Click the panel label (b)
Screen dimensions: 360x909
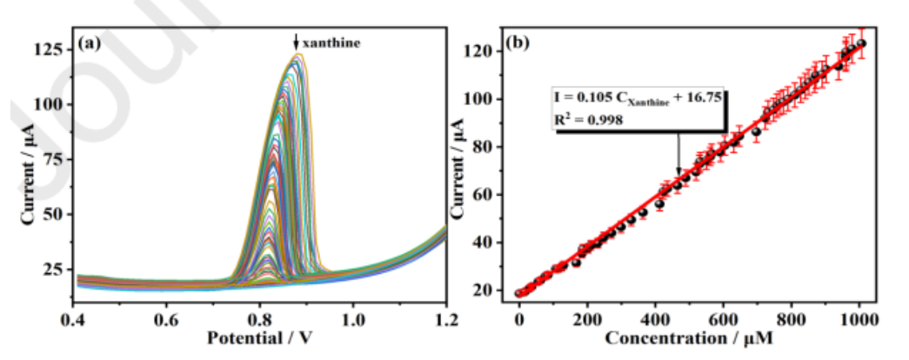point(523,42)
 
